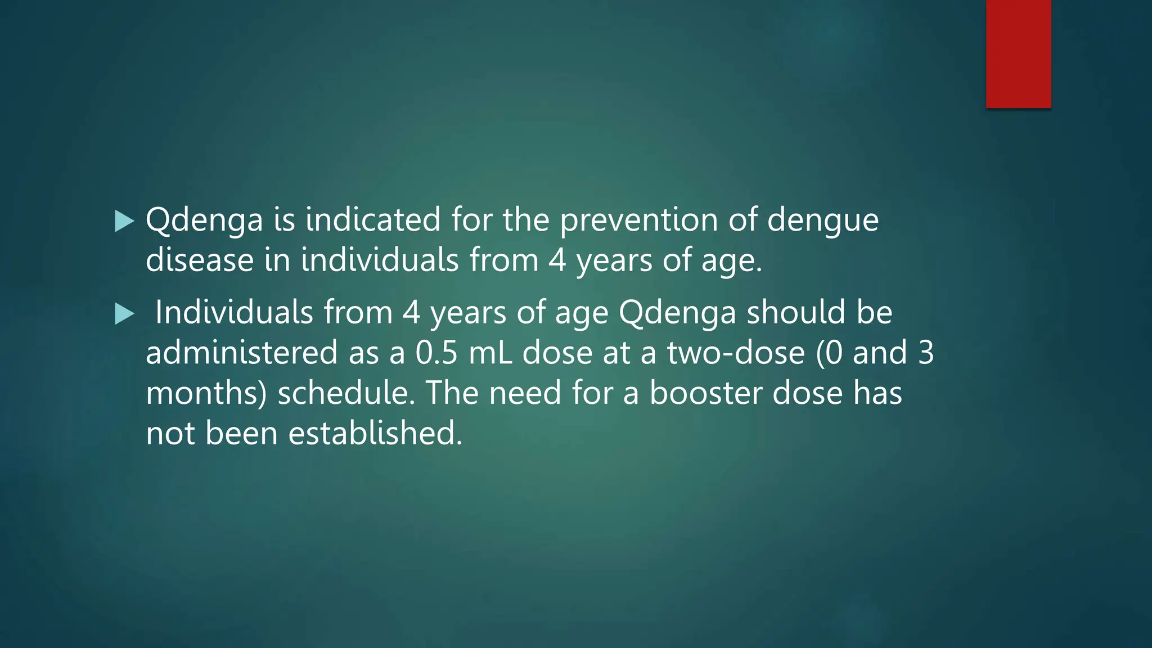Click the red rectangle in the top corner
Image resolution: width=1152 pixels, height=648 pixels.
[1018, 54]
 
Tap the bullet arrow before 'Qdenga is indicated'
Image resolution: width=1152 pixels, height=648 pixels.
[124, 221]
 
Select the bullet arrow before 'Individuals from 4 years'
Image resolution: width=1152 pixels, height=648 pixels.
[124, 313]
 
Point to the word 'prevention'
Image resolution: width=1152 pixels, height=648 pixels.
[638, 220]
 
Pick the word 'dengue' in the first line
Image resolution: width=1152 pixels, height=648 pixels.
[822, 220]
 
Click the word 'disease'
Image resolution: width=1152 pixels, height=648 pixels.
[200, 260]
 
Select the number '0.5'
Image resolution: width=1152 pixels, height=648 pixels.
[436, 353]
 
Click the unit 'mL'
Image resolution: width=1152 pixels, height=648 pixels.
[490, 353]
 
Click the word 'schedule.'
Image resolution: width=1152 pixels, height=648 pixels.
[346, 393]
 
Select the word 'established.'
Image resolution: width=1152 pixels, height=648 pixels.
[376, 434]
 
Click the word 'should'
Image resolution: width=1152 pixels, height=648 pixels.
[795, 312]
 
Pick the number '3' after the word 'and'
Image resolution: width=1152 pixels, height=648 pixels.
[925, 353]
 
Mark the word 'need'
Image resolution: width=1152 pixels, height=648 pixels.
[525, 393]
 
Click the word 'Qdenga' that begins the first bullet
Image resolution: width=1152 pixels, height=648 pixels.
[204, 220]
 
